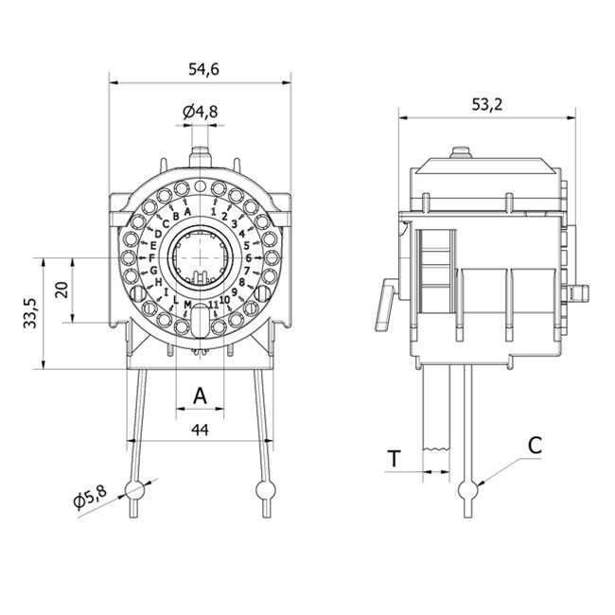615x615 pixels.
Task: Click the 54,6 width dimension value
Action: point(203,69)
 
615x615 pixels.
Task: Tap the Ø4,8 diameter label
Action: point(200,112)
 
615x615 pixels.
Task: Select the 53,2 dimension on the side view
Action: point(486,104)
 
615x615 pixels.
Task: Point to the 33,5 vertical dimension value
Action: point(30,312)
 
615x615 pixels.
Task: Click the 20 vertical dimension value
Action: point(62,290)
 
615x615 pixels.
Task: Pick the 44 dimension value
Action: point(200,430)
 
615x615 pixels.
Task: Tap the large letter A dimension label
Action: point(200,395)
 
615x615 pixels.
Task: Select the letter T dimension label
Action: point(395,459)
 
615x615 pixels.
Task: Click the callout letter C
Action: point(535,445)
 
